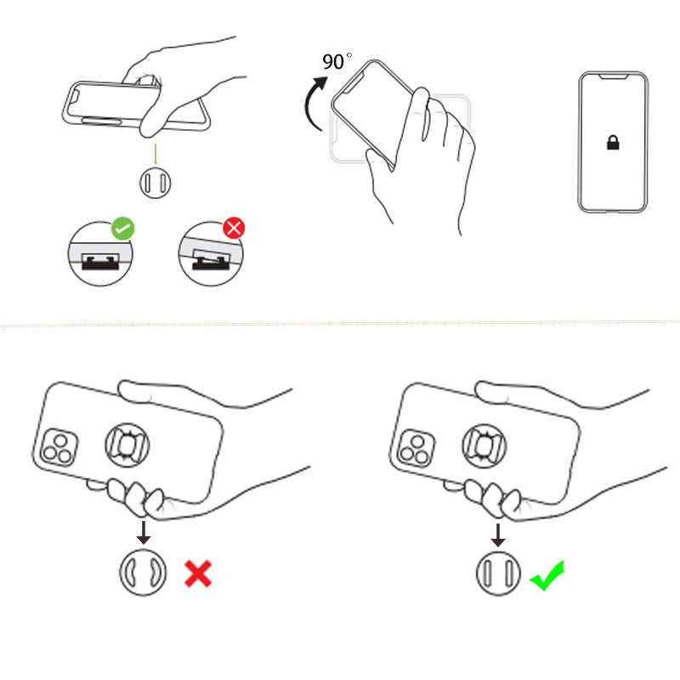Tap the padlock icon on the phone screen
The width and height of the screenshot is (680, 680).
pyautogui.click(x=613, y=143)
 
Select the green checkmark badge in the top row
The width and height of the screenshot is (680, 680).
pyautogui.click(x=123, y=228)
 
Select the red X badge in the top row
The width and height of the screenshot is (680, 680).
pyautogui.click(x=233, y=228)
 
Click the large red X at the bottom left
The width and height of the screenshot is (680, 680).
pyautogui.click(x=198, y=574)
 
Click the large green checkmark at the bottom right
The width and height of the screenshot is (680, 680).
pyautogui.click(x=547, y=575)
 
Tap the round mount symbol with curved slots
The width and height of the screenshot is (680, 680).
pyautogui.click(x=141, y=574)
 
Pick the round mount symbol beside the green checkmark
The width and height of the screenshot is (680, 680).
pyautogui.click(x=497, y=574)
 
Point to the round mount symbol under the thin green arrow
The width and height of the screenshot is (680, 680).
pyautogui.click(x=156, y=182)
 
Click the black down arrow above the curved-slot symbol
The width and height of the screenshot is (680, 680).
pyautogui.click(x=144, y=533)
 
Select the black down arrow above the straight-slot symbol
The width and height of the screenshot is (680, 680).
pyautogui.click(x=499, y=533)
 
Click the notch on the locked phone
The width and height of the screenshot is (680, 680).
pyautogui.click(x=613, y=76)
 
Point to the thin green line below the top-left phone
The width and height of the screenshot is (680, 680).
pyautogui.click(x=156, y=153)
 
